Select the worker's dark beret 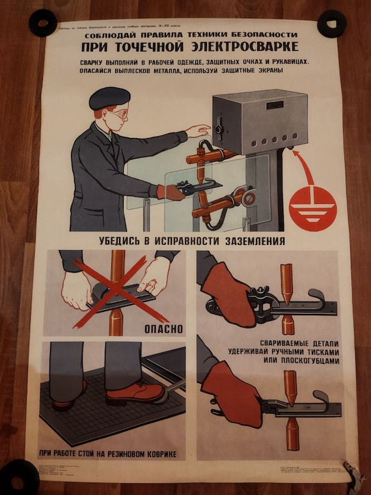pyautogui.click(x=109, y=98)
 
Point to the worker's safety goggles pyautogui.click(x=120, y=113)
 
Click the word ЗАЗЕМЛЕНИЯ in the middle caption pyautogui.click(x=251, y=240)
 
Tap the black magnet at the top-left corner pyautogui.click(x=43, y=23)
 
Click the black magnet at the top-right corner pyautogui.click(x=331, y=23)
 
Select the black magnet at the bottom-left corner pyautogui.click(x=19, y=475)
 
